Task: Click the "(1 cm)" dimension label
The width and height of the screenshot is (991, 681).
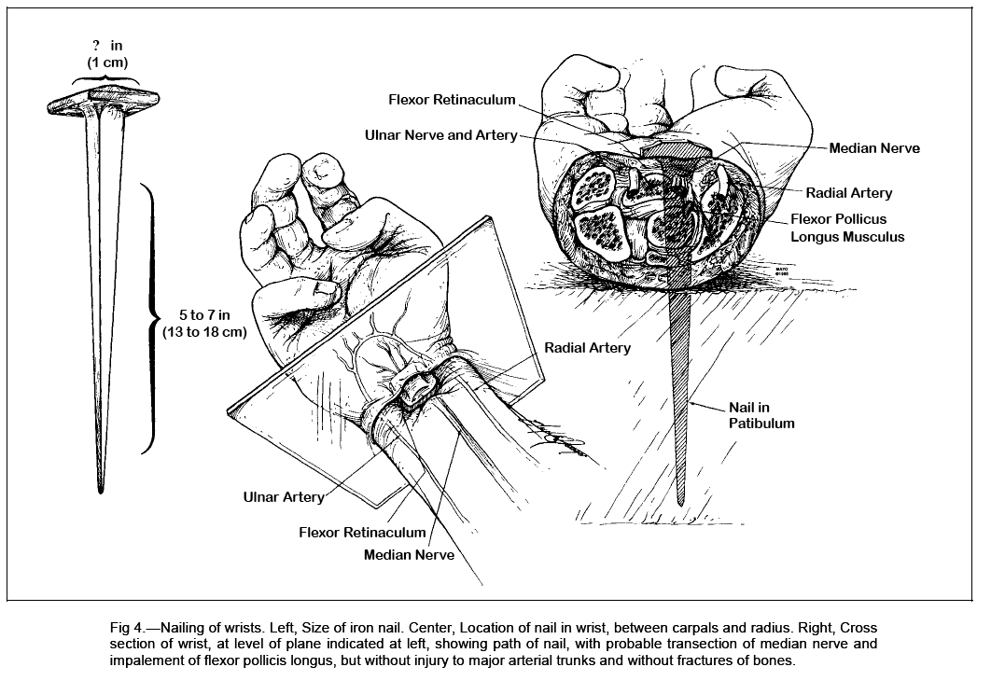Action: tap(102, 63)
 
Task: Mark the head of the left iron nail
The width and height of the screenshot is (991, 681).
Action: tap(103, 103)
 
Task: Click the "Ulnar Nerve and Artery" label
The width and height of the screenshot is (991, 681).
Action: tap(440, 135)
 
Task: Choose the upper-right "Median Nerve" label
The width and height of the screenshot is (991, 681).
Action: tap(873, 147)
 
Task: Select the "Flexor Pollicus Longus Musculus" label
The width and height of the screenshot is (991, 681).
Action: tap(847, 229)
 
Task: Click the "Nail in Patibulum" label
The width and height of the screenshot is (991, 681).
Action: tap(761, 415)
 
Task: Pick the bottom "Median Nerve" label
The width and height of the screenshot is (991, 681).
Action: tap(410, 554)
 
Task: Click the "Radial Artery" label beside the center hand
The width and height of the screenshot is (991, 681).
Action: tap(587, 348)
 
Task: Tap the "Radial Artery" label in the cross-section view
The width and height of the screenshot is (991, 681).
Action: tap(848, 193)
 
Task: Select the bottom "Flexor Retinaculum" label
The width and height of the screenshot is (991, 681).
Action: tap(362, 533)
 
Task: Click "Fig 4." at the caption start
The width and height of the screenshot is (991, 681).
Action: tap(130, 629)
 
